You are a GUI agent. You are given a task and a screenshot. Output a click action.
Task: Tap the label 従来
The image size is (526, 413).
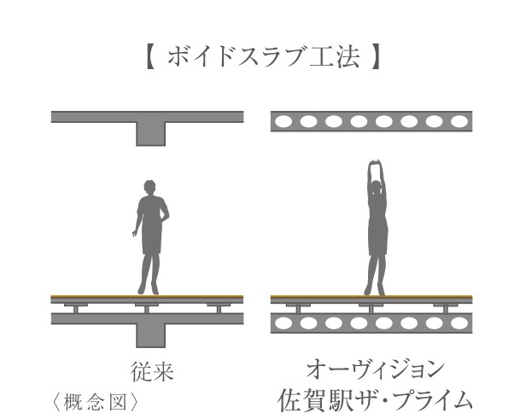click(149, 371)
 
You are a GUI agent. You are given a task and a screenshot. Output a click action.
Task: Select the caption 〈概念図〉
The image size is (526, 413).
click(93, 398)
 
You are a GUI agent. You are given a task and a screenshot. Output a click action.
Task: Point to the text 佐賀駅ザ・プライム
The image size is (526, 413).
click(374, 398)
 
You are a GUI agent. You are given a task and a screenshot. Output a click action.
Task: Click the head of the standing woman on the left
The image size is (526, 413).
click(150, 187)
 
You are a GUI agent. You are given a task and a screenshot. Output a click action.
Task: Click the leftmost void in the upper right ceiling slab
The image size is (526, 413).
click(284, 121)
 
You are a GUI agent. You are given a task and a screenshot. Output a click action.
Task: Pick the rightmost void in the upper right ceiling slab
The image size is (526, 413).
click(459, 121)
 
